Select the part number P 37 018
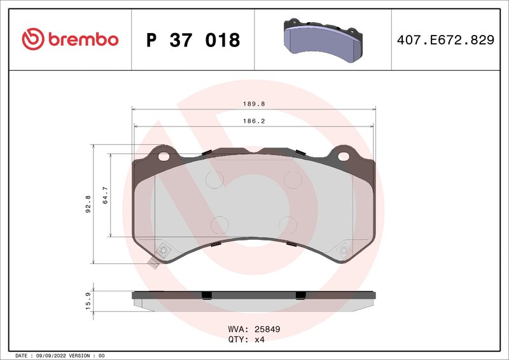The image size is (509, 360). point(193,40)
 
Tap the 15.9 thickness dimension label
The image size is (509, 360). point(88,300)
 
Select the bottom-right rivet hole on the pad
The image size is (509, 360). point(344,251)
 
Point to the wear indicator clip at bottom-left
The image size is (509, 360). point(153,263)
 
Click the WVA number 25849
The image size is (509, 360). point(267,329)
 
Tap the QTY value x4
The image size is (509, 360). point(259,340)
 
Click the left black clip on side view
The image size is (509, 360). point(206,294)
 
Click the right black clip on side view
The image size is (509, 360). point(300,294)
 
